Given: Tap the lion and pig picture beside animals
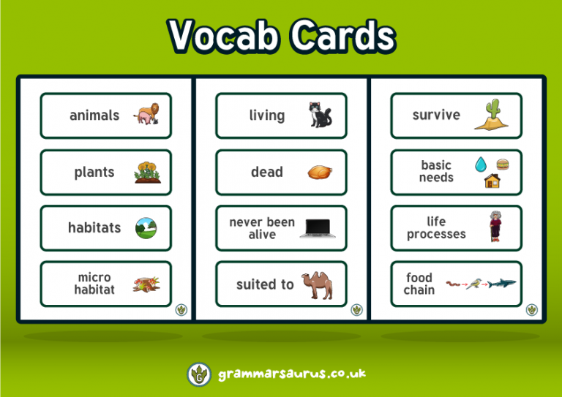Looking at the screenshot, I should [x=146, y=115].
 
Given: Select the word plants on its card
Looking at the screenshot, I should [x=94, y=173].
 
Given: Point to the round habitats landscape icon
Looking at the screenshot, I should [x=146, y=228].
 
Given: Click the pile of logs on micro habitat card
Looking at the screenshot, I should [x=146, y=284].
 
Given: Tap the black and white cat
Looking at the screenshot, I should [x=320, y=115].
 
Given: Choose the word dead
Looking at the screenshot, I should [x=266, y=173].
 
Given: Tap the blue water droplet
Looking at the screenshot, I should [x=480, y=164].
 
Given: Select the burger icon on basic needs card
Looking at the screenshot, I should [x=502, y=164].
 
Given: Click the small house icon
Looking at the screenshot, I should [x=492, y=181].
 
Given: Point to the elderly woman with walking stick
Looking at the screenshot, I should [x=495, y=227].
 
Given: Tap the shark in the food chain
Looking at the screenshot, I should [x=502, y=283].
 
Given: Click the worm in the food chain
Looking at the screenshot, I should [x=453, y=281].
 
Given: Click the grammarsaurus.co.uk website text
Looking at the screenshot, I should [x=291, y=374].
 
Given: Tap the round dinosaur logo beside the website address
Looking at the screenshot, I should [x=199, y=374].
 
